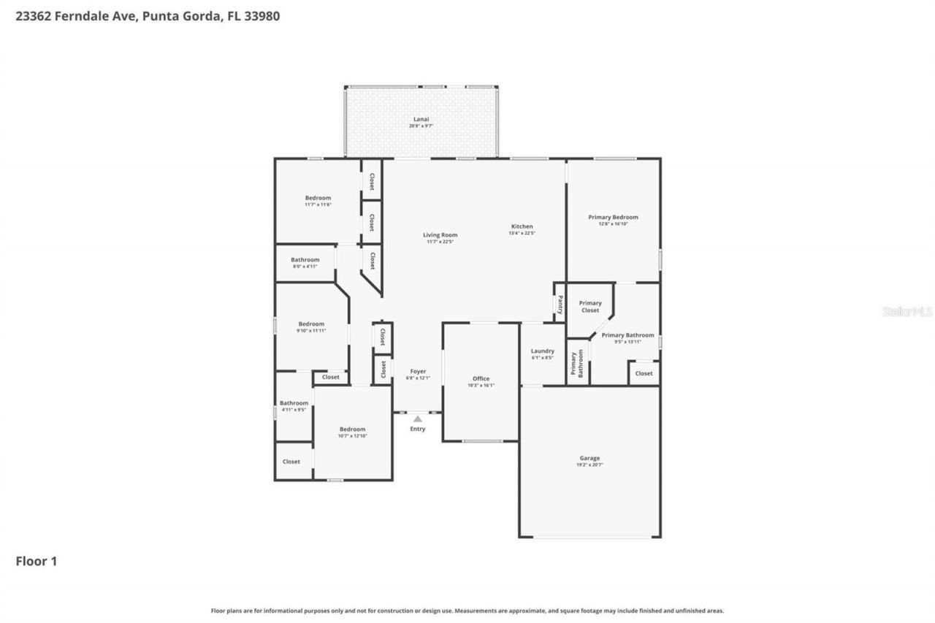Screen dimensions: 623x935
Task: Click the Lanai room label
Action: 420,119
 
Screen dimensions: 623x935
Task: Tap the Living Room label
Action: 440,235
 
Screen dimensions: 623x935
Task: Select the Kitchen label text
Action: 522,226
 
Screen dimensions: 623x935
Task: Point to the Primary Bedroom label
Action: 613,217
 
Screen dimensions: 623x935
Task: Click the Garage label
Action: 589,458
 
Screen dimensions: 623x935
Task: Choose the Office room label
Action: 481,378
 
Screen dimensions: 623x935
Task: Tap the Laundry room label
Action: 542,351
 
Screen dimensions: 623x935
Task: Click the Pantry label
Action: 560,304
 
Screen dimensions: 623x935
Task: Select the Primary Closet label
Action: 590,307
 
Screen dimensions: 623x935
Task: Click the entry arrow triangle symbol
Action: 417,419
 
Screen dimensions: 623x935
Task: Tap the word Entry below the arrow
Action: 417,429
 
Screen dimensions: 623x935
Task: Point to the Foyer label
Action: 418,371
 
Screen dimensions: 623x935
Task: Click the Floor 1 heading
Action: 37,561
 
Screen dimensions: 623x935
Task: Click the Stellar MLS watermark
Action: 907,311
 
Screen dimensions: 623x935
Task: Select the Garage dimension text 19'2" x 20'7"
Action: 589,465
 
